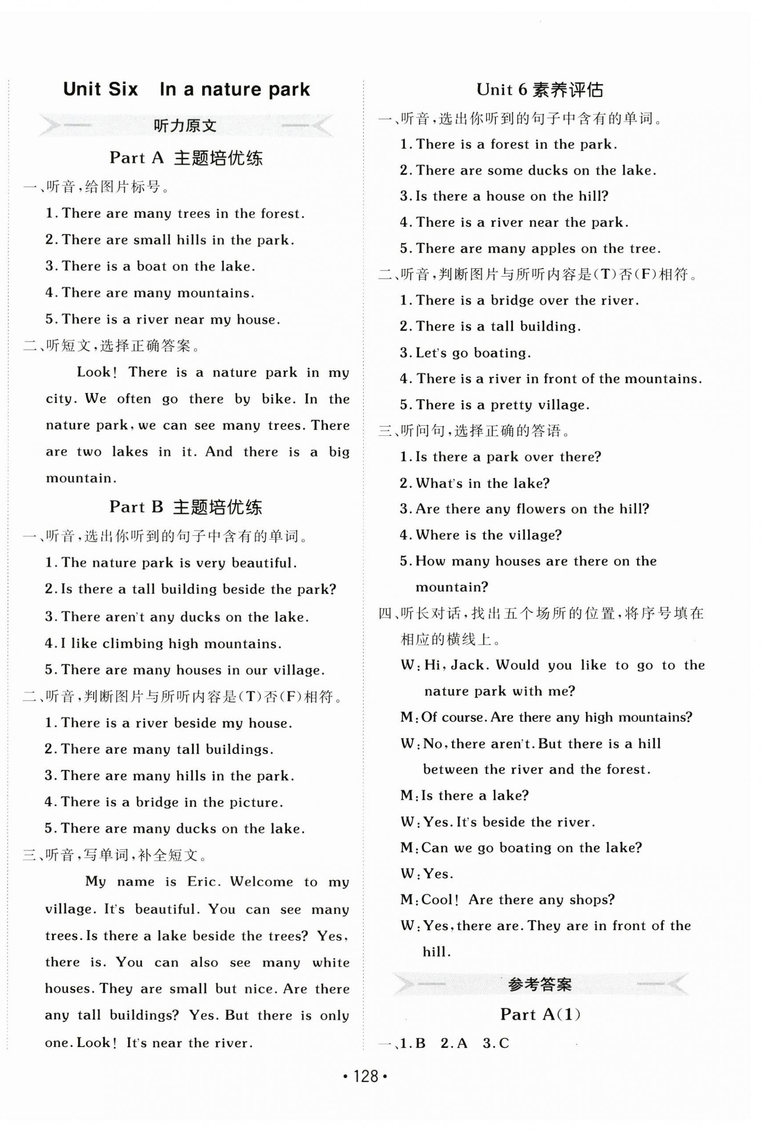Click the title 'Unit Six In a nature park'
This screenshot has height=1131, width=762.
point(186,90)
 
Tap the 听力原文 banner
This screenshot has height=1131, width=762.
point(185,126)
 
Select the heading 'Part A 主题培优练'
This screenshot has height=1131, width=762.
point(186,158)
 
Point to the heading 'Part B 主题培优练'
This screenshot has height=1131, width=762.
point(186,507)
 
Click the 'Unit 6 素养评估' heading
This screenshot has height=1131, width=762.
point(540,90)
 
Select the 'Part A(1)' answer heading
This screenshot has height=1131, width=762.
point(541,1014)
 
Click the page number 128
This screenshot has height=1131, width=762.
point(365,1076)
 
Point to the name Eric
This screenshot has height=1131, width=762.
point(203,882)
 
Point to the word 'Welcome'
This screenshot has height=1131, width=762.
point(262,882)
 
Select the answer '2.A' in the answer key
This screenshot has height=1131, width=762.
point(453,1043)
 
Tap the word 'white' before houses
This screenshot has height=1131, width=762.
point(331,963)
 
